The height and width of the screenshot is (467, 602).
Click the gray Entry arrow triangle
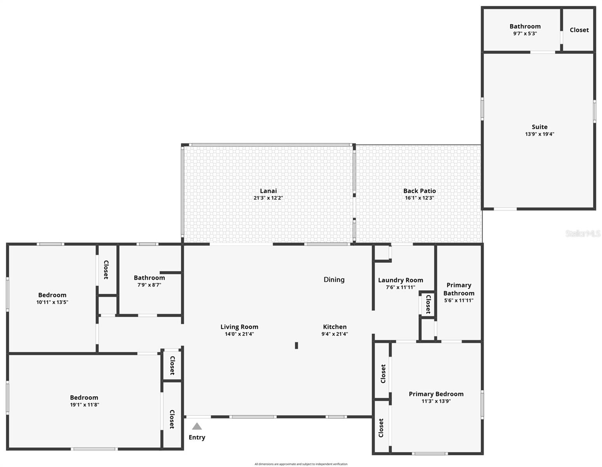coord(197,426)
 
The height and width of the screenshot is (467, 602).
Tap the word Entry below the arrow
coord(197,437)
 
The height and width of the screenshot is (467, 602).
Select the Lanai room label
coord(268,191)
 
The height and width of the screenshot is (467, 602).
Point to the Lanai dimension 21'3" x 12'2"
coord(268,198)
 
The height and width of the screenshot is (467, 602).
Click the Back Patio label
coord(419,191)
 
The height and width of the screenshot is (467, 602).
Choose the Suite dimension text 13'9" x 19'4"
coord(539,134)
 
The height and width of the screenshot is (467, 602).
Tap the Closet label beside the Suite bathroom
coord(579,30)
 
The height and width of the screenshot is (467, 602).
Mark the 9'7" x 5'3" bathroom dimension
coord(525,33)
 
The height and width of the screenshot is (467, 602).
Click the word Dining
coord(334,279)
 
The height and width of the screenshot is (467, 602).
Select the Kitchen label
coord(334,327)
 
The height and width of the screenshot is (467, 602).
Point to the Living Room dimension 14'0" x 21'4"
coord(239,334)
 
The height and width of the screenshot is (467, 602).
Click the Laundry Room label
coord(401,280)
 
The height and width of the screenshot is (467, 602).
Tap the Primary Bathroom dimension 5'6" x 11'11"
coord(458,300)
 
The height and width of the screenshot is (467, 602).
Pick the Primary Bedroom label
coord(436,394)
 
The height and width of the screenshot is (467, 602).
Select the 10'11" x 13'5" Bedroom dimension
coord(52,302)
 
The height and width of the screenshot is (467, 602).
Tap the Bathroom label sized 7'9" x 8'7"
coord(149,278)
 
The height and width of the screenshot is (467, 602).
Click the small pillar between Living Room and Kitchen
coord(296,345)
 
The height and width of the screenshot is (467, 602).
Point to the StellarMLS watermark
coord(583,233)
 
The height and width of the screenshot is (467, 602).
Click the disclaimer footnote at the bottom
coord(301,464)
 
